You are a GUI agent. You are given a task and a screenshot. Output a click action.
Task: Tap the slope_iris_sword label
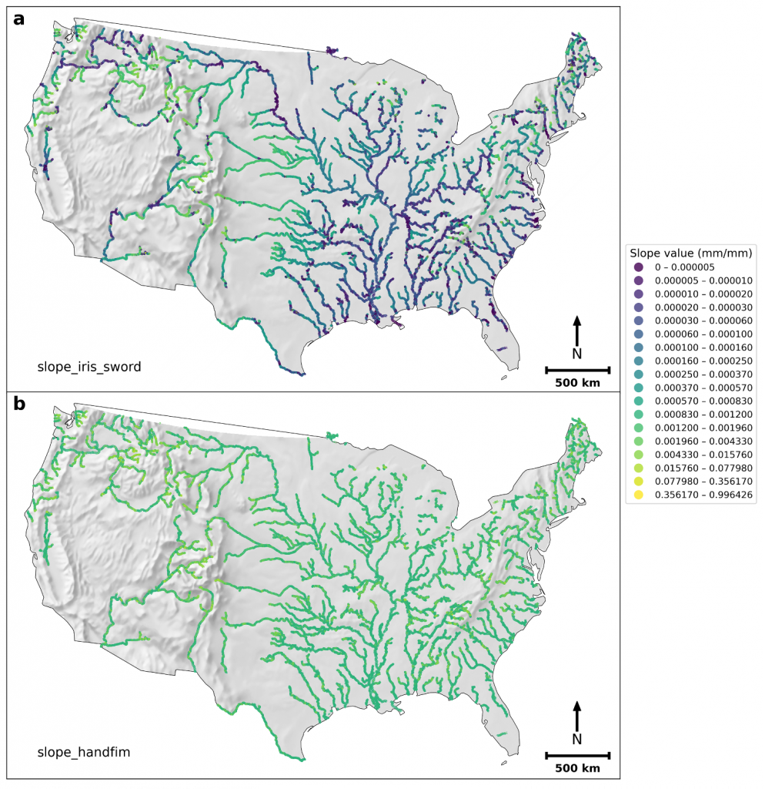pyautogui.click(x=89, y=367)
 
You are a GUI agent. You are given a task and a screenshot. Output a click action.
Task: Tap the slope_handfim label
pyautogui.click(x=84, y=751)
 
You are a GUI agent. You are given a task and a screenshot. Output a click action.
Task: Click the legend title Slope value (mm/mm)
pyautogui.click(x=690, y=253)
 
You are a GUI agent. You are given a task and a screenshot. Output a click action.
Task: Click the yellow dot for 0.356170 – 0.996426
pyautogui.click(x=639, y=495)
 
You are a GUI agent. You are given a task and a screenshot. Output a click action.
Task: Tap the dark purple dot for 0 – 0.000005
pyautogui.click(x=639, y=267)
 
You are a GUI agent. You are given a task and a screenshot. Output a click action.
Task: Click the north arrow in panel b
pyautogui.click(x=577, y=714)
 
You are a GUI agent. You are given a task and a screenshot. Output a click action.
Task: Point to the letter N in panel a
pyautogui.click(x=577, y=354)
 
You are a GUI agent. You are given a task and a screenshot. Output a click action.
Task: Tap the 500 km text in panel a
pyautogui.click(x=577, y=383)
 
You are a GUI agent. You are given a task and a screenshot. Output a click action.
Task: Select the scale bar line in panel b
pyautogui.click(x=577, y=755)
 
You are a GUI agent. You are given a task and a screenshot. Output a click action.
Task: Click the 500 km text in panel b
pyautogui.click(x=577, y=768)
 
